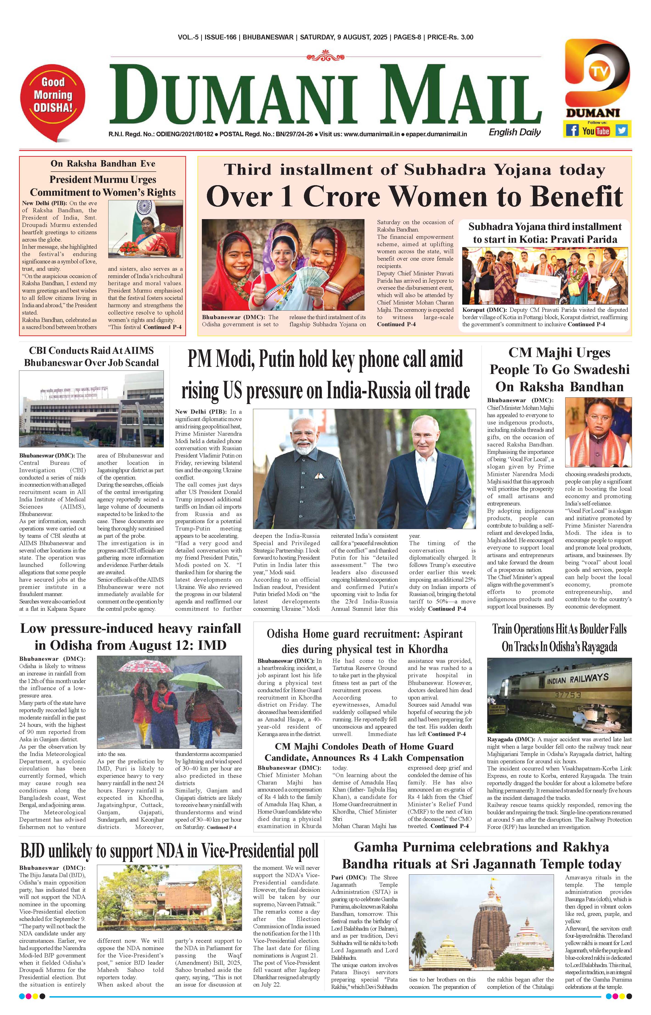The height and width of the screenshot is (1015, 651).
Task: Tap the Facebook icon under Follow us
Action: pyautogui.click(x=572, y=130)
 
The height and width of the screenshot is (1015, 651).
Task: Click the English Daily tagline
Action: pyautogui.click(x=515, y=132)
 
